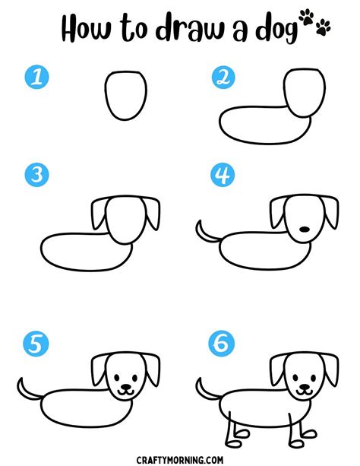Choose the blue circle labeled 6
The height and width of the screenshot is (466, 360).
221,344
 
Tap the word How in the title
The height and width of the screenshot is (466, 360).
90,30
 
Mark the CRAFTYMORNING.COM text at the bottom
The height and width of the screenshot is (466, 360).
179,458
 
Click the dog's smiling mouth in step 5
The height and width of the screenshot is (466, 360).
125,392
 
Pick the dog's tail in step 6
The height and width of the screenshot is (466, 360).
203,390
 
